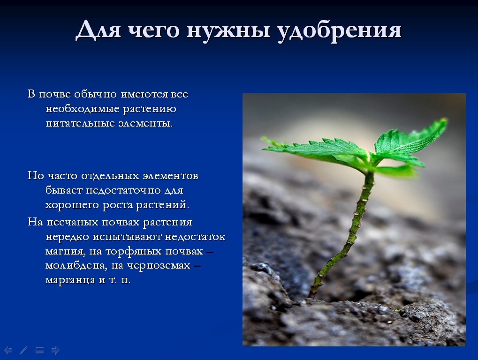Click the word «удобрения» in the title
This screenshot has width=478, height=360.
(339, 30)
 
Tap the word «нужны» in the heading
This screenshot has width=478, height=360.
(228, 30)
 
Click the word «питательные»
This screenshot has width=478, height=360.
(80, 123)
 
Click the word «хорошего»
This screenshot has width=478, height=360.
(72, 205)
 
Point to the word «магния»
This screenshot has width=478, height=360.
(66, 252)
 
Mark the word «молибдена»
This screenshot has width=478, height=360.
(76, 266)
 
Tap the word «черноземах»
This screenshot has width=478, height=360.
(159, 266)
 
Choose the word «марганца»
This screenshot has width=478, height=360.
(70, 280)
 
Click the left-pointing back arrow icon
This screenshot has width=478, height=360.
(8, 351)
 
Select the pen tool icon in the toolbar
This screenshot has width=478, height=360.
(23, 351)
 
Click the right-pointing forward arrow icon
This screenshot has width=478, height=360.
(55, 351)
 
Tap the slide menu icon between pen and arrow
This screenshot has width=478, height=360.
(39, 351)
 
